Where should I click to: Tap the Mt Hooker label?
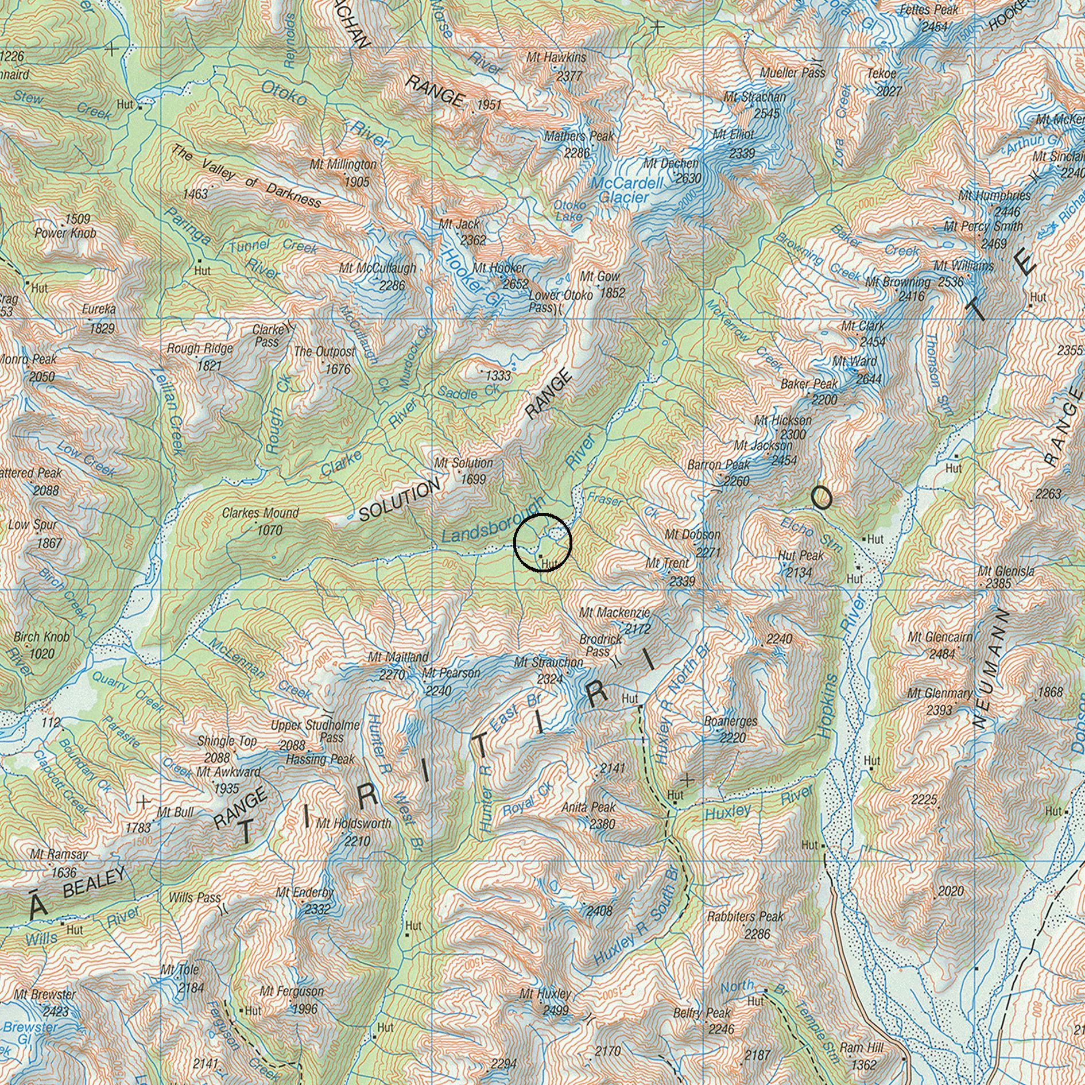coord(499,268)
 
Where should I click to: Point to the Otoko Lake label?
coord(569,211)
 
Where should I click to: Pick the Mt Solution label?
coord(463,463)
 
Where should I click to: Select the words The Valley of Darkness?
coord(246,176)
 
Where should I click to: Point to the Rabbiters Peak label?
coord(745,917)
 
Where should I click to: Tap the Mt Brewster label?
coord(45,994)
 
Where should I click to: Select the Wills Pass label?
coord(195,897)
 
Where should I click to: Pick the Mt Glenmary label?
coord(940,693)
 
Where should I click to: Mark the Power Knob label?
coord(65,234)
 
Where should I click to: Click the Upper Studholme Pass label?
coord(315,731)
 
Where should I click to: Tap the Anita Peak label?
coord(588,807)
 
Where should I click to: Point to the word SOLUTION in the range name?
coord(399,501)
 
